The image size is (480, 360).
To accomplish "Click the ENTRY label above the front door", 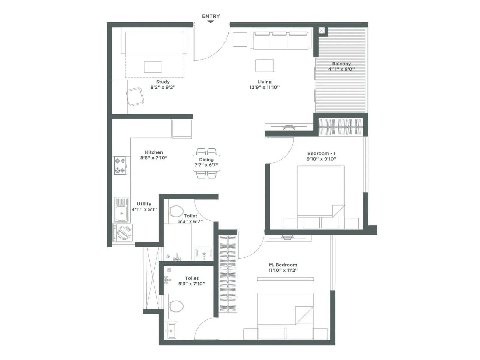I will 211,16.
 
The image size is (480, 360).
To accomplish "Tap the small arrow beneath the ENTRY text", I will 211,22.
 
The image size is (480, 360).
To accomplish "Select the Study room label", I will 163,82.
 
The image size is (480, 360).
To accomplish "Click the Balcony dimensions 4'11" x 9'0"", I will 341,69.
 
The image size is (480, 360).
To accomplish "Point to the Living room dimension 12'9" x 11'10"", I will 264,87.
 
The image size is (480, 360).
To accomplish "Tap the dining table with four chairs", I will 206,163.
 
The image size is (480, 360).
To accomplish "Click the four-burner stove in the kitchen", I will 120,166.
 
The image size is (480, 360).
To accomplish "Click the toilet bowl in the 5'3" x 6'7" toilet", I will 176,211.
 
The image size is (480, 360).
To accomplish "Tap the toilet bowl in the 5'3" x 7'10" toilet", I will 176,306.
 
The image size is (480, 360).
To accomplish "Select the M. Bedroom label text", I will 283,265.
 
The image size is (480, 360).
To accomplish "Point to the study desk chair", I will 135,97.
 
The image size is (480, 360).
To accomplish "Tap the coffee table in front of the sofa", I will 264,66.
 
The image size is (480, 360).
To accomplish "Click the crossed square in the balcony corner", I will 321,30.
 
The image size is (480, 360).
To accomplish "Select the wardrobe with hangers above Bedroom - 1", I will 340,127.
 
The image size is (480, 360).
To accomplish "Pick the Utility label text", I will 144,204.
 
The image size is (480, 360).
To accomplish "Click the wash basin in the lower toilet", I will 171,331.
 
